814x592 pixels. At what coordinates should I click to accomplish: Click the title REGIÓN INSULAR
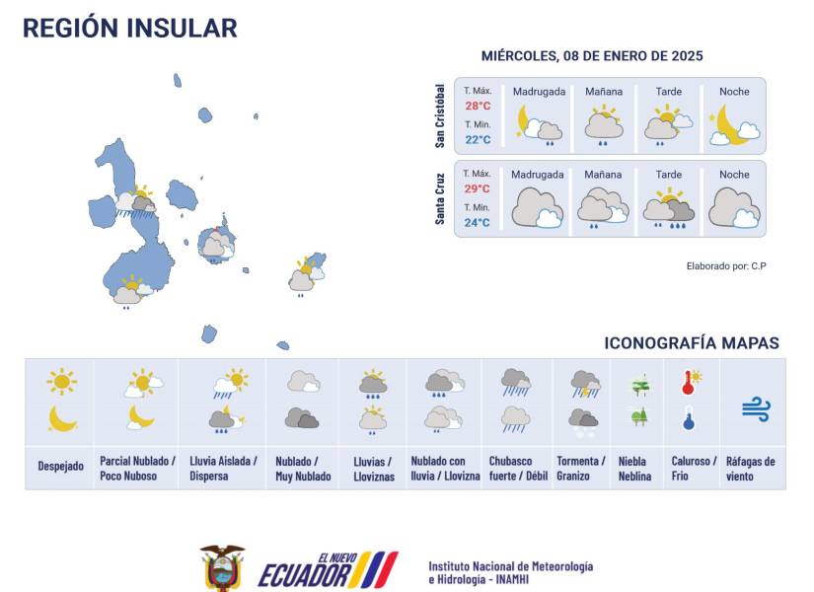pos(129,28)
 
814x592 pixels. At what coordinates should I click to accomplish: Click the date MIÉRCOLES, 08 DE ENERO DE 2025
pos(592,56)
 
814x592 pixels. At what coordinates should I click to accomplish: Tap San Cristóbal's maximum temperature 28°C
pos(478,106)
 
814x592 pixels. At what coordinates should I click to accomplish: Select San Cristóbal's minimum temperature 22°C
pos(478,139)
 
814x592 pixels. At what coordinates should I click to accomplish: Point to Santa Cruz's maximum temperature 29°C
pos(478,188)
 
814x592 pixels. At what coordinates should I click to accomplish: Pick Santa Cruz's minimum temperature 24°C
pos(478,222)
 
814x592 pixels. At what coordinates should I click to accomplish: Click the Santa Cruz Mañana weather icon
pos(603,205)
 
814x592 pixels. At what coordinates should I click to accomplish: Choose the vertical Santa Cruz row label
pos(441,198)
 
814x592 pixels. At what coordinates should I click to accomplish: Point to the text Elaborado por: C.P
pos(726,266)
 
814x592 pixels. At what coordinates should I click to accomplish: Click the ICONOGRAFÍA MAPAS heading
pos(692,343)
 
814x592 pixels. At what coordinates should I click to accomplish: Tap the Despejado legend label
pos(61,465)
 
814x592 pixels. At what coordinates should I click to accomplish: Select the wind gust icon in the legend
pos(756,407)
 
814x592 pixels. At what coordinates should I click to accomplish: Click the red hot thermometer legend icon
pos(690,383)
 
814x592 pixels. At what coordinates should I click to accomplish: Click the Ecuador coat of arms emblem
pos(222,567)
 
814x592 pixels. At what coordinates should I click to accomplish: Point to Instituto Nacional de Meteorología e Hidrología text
pos(510,572)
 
